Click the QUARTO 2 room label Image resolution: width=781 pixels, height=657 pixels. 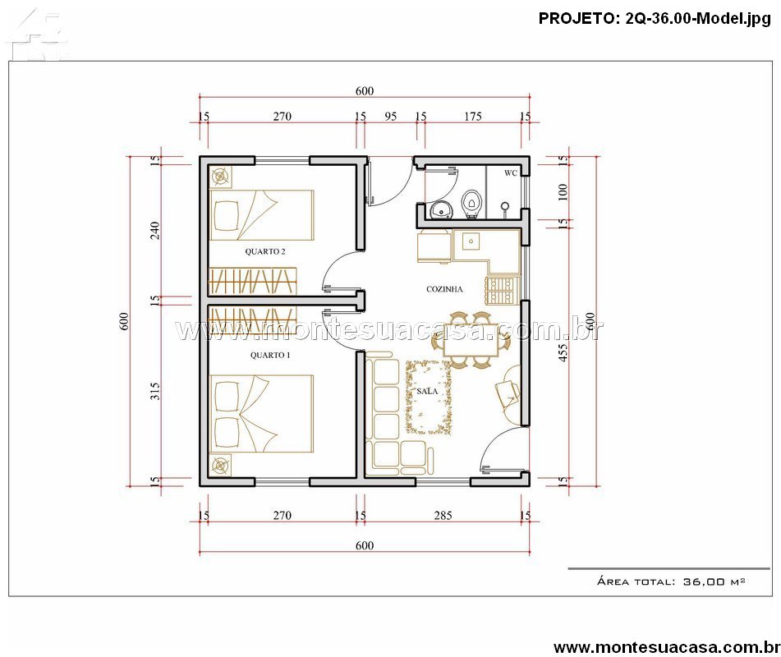pos(265,251)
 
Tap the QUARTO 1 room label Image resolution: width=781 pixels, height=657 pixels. pos(270,355)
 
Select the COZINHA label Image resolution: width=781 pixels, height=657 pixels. pos(444,289)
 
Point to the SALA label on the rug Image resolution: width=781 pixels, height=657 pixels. pos(427,392)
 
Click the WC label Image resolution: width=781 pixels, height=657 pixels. pos(511,173)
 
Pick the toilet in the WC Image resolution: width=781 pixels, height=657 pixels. pos(471,204)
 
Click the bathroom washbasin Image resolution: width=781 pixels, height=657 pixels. pos(441,210)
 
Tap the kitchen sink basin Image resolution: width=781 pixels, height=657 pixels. pos(471,242)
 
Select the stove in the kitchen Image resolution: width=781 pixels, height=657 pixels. pos(500,291)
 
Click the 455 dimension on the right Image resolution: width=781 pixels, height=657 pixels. pos(563,352)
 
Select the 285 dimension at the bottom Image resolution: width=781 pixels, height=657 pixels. pos(443,516)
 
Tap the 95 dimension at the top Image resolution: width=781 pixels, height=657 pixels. pos(391,117)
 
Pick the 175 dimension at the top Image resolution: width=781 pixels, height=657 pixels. pos(473,117)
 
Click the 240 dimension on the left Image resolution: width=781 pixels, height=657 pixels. pos(155,230)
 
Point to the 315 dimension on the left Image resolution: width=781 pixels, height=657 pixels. pos(155,391)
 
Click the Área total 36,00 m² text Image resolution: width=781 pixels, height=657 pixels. pos(670,581)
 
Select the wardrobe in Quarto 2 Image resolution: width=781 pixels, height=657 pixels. pos(253,281)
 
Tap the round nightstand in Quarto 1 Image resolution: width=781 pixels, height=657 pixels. pos(220,466)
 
